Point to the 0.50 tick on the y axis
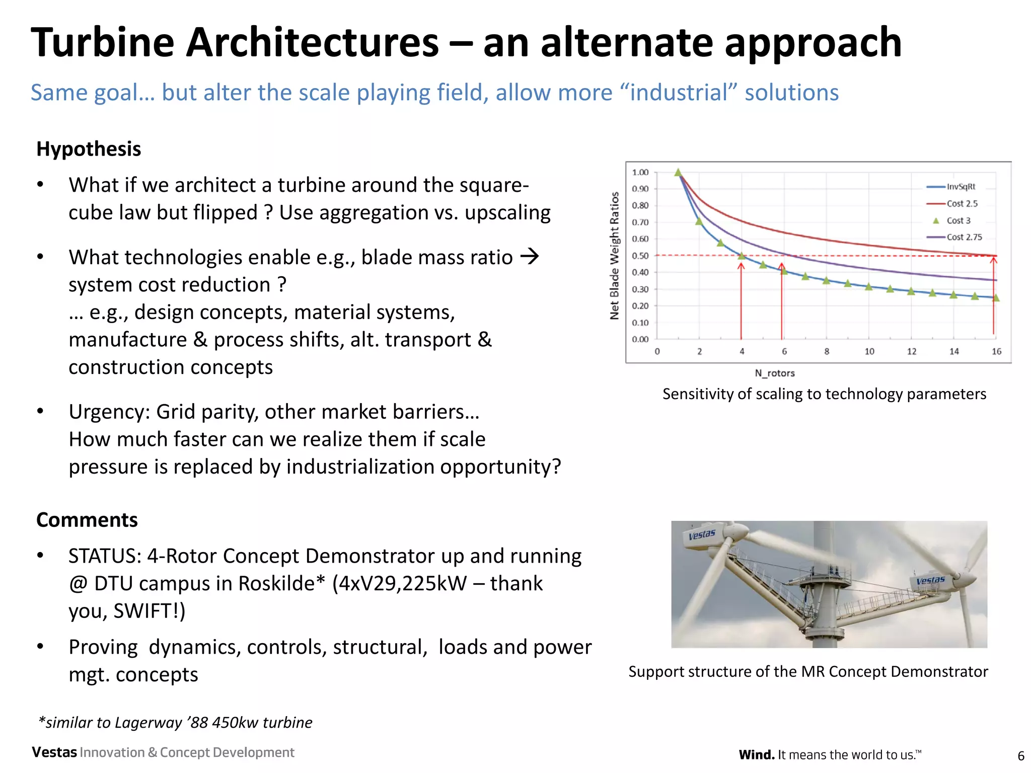(640, 256)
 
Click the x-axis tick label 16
(996, 351)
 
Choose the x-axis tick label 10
(869, 351)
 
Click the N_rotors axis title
(774, 373)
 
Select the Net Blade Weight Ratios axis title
(614, 256)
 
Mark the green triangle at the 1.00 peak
(678, 173)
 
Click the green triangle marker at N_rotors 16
(996, 298)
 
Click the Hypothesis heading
(89, 149)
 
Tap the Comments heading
(87, 520)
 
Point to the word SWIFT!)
(149, 611)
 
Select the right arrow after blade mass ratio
(529, 257)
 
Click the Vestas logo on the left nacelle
(701, 534)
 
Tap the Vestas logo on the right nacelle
(930, 580)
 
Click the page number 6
(1021, 755)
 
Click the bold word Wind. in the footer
(756, 755)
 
